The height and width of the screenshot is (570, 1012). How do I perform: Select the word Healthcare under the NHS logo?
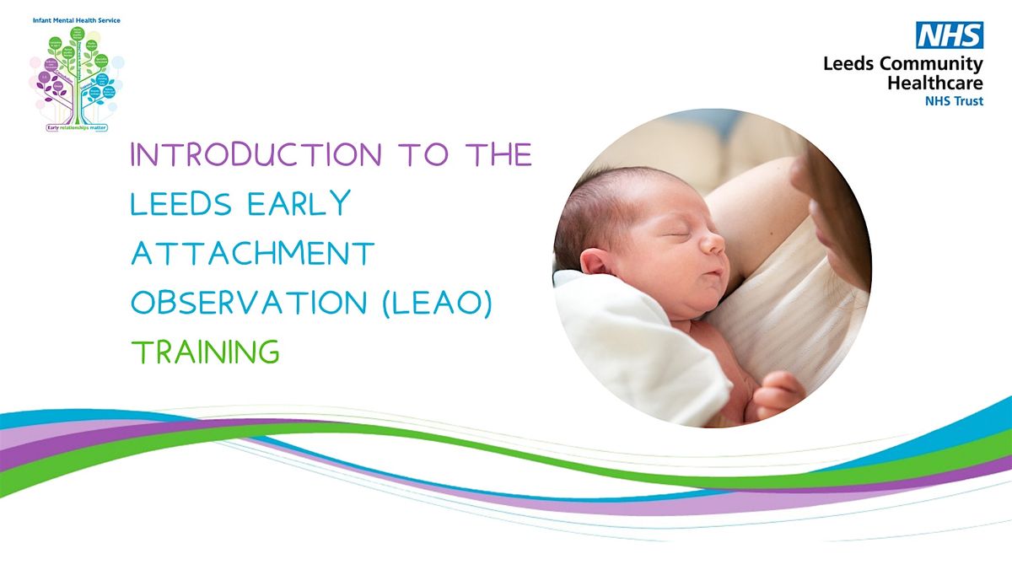(x=935, y=83)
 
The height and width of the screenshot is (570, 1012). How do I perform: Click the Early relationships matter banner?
(x=78, y=128)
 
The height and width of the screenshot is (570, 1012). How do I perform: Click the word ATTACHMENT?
(x=252, y=254)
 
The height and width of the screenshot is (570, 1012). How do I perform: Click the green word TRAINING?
(x=204, y=352)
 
